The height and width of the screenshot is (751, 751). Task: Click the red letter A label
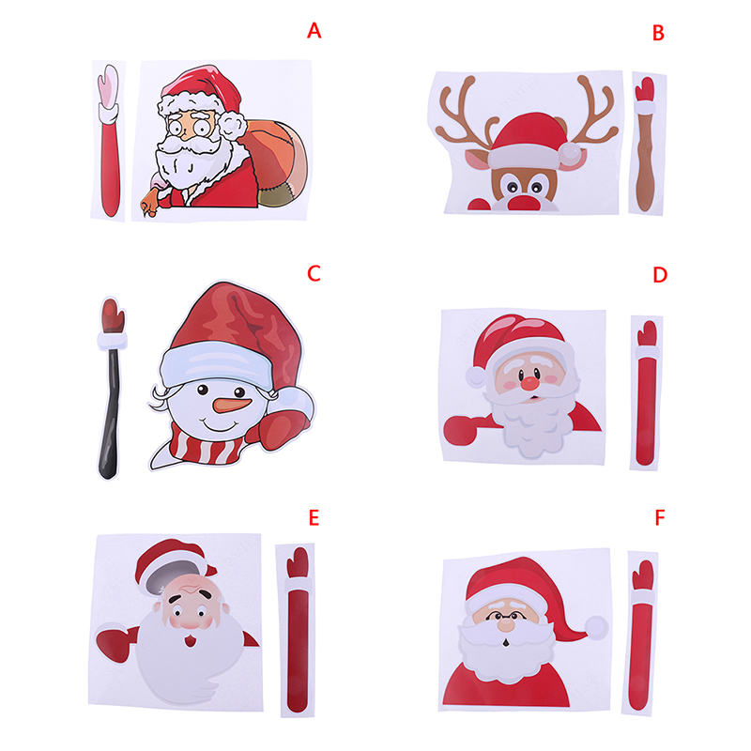point(314,31)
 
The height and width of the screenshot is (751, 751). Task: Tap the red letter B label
point(659,33)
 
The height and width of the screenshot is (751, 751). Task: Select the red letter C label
point(314,273)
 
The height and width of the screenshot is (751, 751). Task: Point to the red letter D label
point(660,275)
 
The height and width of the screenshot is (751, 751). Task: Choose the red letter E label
point(314,518)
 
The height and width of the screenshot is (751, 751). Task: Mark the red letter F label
point(660,518)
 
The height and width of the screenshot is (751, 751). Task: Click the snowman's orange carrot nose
point(232,405)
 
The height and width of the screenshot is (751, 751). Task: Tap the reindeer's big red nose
point(524,203)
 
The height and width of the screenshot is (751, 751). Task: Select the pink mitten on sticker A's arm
point(109,84)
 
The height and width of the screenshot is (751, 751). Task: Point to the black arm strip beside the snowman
point(110,413)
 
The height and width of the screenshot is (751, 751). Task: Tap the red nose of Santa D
point(529,382)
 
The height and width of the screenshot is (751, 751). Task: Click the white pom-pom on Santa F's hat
point(597,627)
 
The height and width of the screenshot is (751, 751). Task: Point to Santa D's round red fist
point(461,431)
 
